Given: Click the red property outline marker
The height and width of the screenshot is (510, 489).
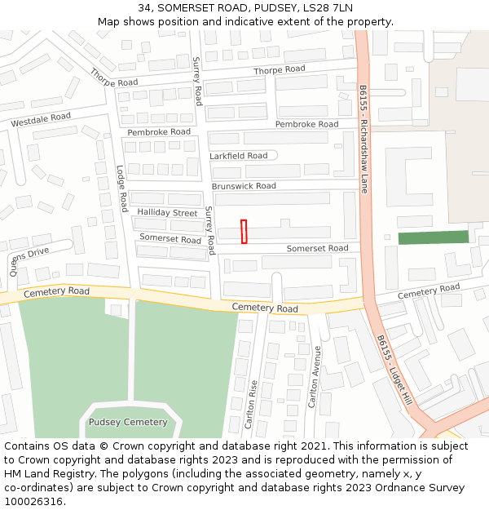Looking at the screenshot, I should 244,231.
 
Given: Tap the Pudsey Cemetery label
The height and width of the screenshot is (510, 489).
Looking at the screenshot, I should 128,422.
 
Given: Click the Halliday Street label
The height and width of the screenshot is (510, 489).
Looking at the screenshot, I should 167,212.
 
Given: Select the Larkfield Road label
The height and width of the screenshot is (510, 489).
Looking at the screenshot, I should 238,156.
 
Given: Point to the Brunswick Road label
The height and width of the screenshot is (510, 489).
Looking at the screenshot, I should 244,186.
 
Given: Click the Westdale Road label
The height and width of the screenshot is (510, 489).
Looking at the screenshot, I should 41,120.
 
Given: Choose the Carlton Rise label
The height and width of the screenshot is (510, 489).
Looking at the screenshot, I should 252,405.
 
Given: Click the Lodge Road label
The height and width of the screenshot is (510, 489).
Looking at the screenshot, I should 121,188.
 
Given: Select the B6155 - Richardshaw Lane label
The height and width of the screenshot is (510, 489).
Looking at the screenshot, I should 364,138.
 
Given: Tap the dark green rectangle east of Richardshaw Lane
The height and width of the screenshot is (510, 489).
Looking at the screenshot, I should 433,237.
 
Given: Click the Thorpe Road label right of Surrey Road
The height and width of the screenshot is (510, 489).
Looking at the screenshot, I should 279,70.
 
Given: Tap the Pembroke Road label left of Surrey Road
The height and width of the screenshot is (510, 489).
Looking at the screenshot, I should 159,131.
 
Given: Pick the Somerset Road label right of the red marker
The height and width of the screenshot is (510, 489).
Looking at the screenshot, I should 317,248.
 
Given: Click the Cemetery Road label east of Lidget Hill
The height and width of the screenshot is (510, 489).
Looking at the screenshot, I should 429,291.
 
